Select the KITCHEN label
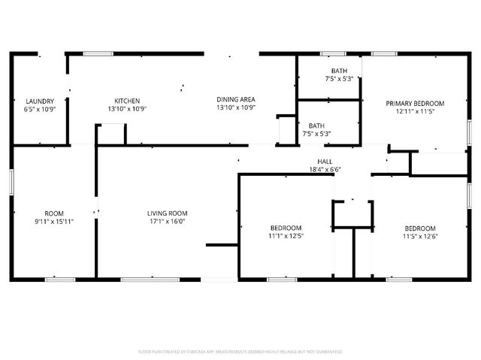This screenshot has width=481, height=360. pos(126,101)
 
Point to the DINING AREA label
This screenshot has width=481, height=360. pos(236,99)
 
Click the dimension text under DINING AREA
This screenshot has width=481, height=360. pos(236,107)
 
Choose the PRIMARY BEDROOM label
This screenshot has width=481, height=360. pos(415,103)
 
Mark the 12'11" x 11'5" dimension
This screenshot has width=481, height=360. pos(415,111)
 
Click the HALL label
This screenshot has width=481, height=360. pos(325,162)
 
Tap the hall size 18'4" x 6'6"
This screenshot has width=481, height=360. pos(325,170)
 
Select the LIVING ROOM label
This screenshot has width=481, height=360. pos(167,213)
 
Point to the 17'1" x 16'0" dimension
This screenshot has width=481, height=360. pos(167,222)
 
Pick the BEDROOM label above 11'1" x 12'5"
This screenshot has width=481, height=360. pos(286,228)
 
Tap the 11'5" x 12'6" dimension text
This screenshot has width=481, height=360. pos(420,237)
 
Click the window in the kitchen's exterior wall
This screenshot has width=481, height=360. pos(98,53)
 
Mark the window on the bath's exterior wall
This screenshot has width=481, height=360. pos(333,53)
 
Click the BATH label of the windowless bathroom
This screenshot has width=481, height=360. pos(316,126)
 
